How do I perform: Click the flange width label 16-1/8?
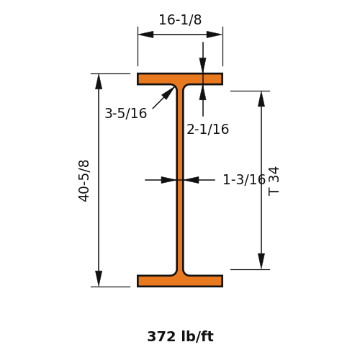point(180,19)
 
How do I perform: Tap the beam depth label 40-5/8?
point(84,181)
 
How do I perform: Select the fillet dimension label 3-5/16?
point(126,113)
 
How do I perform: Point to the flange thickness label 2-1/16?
point(208,130)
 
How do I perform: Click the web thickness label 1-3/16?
point(244,179)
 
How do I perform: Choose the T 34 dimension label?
point(274,181)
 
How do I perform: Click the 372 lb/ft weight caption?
point(180,336)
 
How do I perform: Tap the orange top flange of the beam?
point(180,79)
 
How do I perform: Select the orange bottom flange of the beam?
point(180,281)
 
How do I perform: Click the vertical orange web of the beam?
point(180,180)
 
